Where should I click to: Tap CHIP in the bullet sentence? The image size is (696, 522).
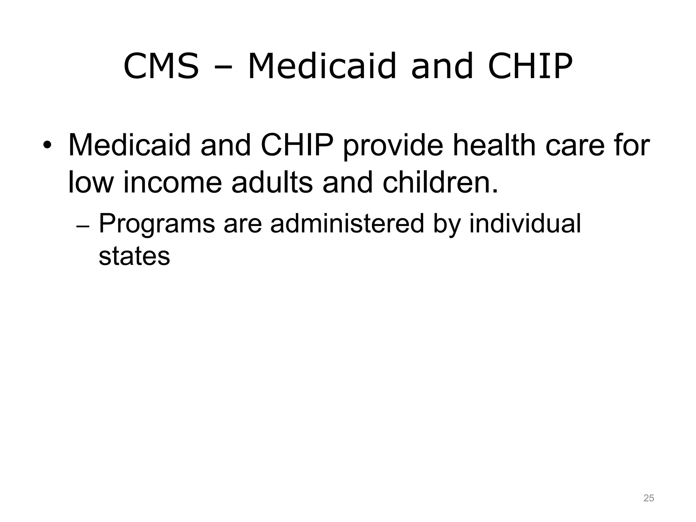tap(297, 145)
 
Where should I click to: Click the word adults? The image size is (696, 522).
tap(272, 182)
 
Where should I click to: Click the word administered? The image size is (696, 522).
tap(347, 224)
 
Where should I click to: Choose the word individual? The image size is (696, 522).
tap(525, 224)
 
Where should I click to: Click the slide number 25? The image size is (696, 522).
tap(649, 498)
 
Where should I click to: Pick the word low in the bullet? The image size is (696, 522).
tap(90, 182)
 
